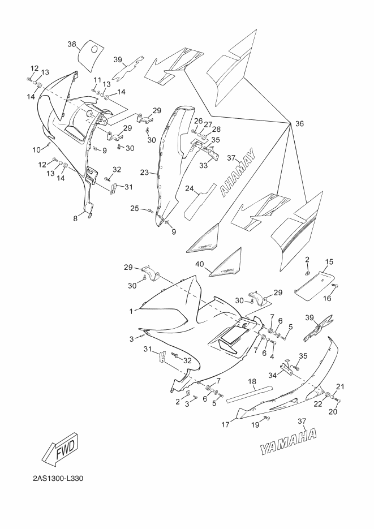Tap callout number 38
pyautogui.click(x=72, y=44)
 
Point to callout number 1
pyautogui.click(x=132, y=311)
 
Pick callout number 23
pyautogui.click(x=144, y=173)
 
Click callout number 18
pyautogui.click(x=252, y=382)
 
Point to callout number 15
pyautogui.click(x=329, y=262)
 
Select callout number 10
pyautogui.click(x=36, y=149)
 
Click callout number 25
pyautogui.click(x=134, y=209)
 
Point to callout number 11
pyautogui.click(x=97, y=80)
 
